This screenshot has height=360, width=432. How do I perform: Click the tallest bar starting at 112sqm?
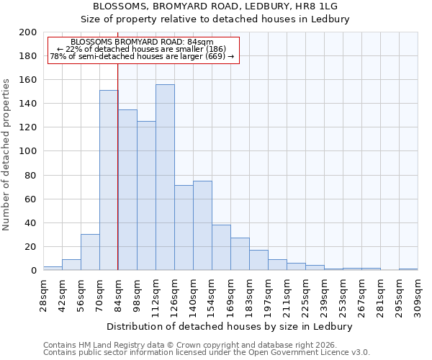[x=165, y=177]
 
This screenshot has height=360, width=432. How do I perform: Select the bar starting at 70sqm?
[x=109, y=180]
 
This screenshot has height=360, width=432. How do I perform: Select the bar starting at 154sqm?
[x=221, y=247]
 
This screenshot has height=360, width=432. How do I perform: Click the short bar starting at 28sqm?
[x=53, y=268]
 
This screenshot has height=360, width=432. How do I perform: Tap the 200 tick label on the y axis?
[x=28, y=32]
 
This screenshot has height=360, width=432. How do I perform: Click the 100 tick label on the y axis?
[x=28, y=151]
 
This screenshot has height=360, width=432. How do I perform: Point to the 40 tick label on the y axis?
[x=31, y=223]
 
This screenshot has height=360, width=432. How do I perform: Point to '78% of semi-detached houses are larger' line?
[x=142, y=56]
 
